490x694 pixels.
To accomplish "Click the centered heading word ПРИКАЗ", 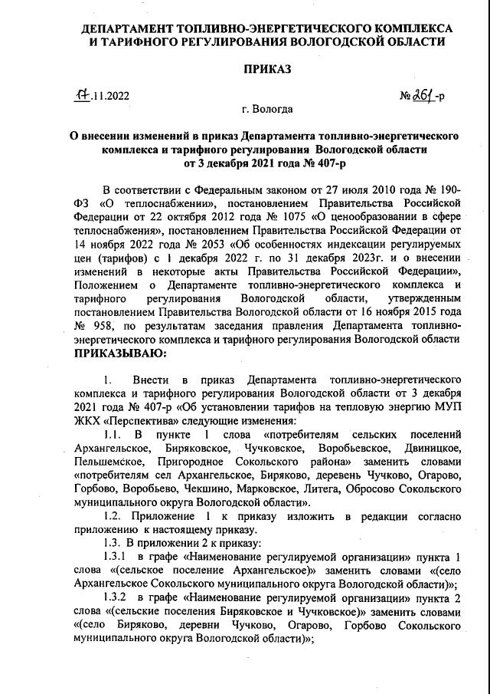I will (267, 69).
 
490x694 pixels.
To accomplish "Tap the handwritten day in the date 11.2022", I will (80, 97).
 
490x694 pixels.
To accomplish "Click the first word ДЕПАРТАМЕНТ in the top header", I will (126, 28).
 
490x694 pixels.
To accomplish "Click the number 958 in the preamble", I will (113, 325).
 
